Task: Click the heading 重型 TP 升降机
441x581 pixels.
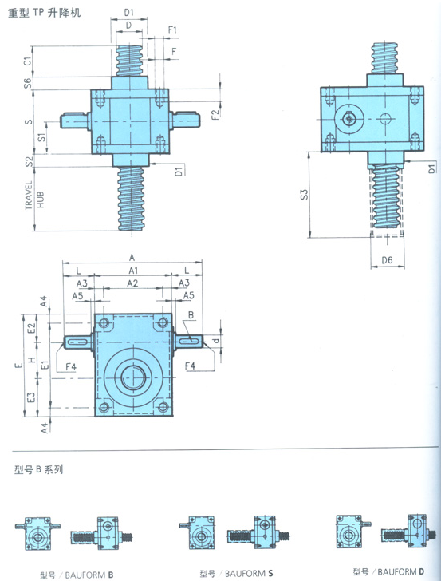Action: click(44, 13)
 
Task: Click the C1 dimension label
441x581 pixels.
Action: click(27, 61)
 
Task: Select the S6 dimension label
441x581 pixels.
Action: click(27, 83)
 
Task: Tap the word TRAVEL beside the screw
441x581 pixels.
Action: click(29, 195)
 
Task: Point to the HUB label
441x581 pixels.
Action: click(41, 200)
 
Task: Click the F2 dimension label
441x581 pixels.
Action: click(215, 114)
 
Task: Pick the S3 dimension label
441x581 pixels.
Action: click(304, 195)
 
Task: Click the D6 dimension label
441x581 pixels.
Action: click(387, 260)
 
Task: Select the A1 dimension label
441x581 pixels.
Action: click(133, 271)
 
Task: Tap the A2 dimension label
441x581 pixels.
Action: click(132, 283)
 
